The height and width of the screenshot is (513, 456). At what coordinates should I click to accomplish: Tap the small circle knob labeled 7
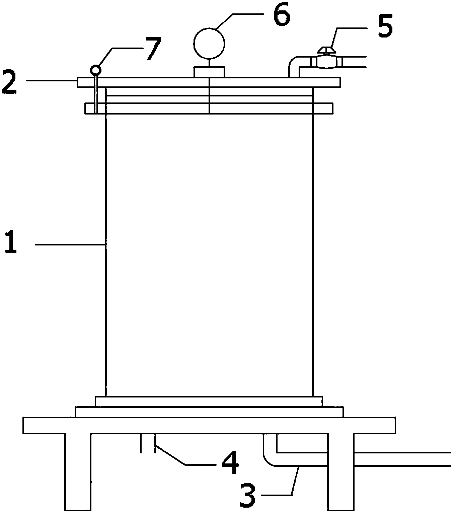pyautogui.click(x=95, y=70)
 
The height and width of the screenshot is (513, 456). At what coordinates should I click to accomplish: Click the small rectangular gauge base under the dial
pyautogui.click(x=209, y=72)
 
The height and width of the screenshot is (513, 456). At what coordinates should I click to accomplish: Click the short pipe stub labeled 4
pyautogui.click(x=148, y=443)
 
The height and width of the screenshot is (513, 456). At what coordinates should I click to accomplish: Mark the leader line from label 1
pyautogui.click(x=70, y=245)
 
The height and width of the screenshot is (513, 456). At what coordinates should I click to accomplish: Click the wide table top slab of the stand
pyautogui.click(x=209, y=425)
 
